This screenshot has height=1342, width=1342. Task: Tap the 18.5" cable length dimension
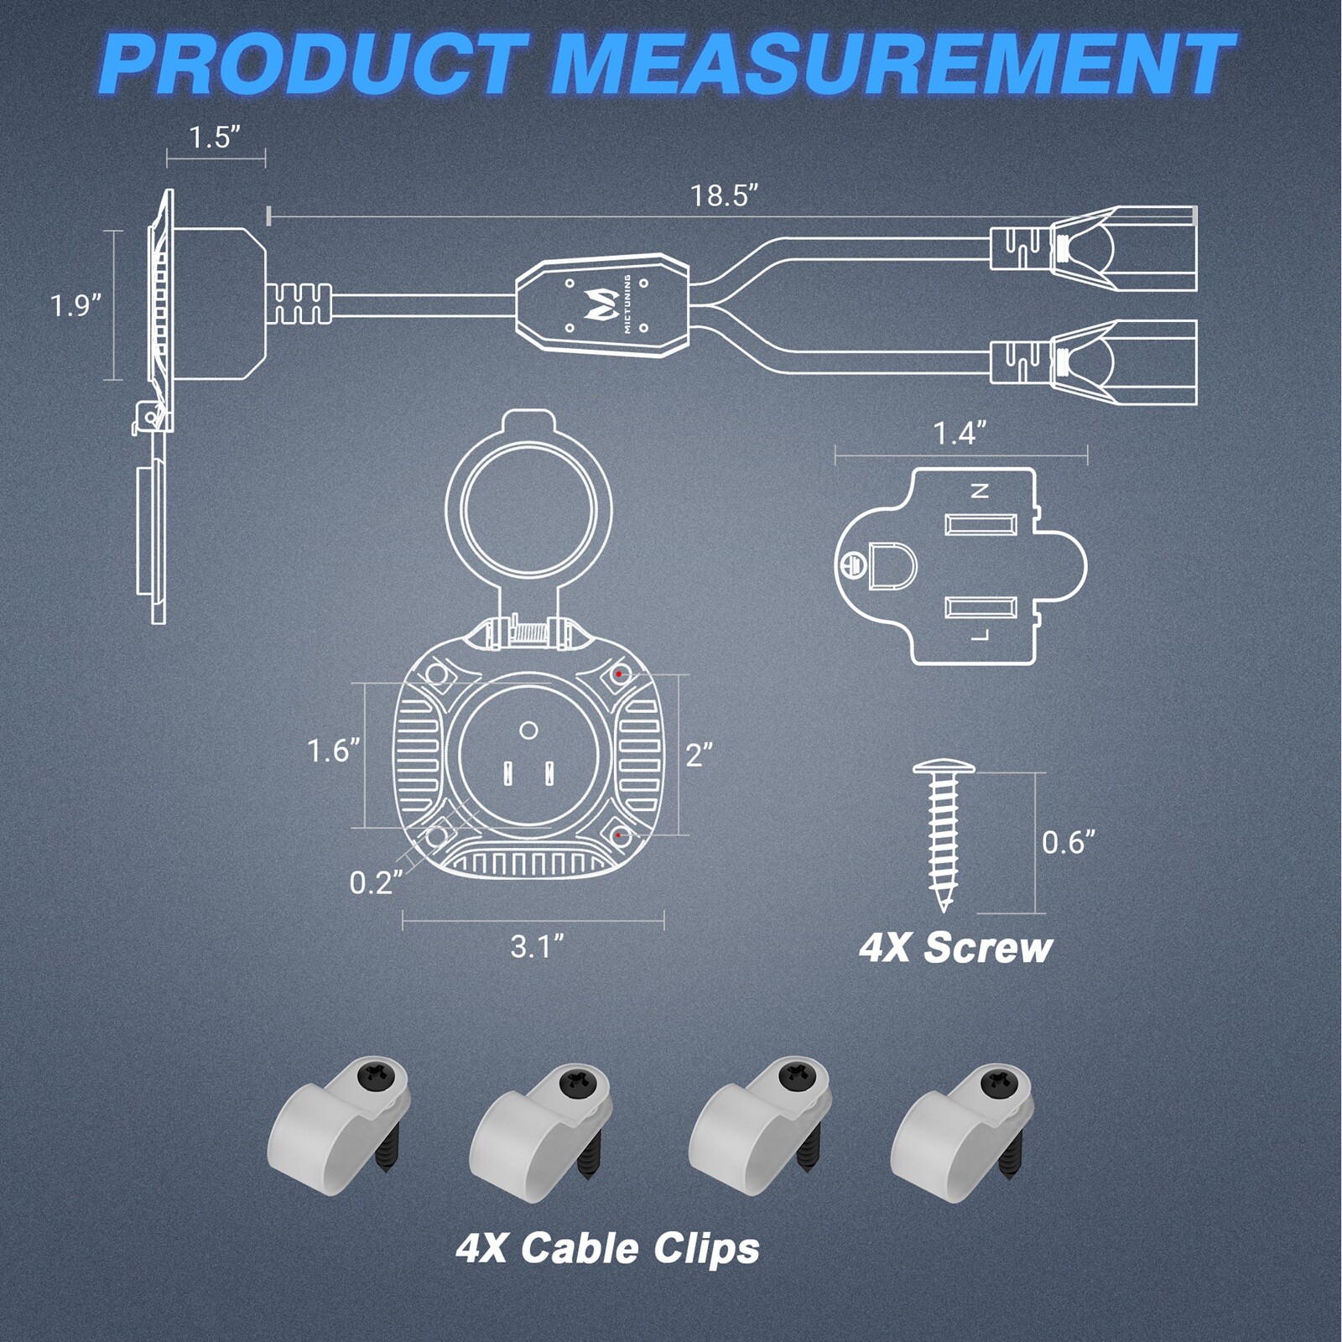point(724,195)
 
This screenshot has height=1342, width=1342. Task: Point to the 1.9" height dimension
point(76,305)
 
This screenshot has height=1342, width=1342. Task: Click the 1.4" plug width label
point(960,434)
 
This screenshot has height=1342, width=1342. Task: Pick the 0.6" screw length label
point(1069,842)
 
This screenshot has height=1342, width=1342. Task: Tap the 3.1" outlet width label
point(537,947)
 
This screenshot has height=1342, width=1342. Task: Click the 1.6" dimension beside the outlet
point(334,752)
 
